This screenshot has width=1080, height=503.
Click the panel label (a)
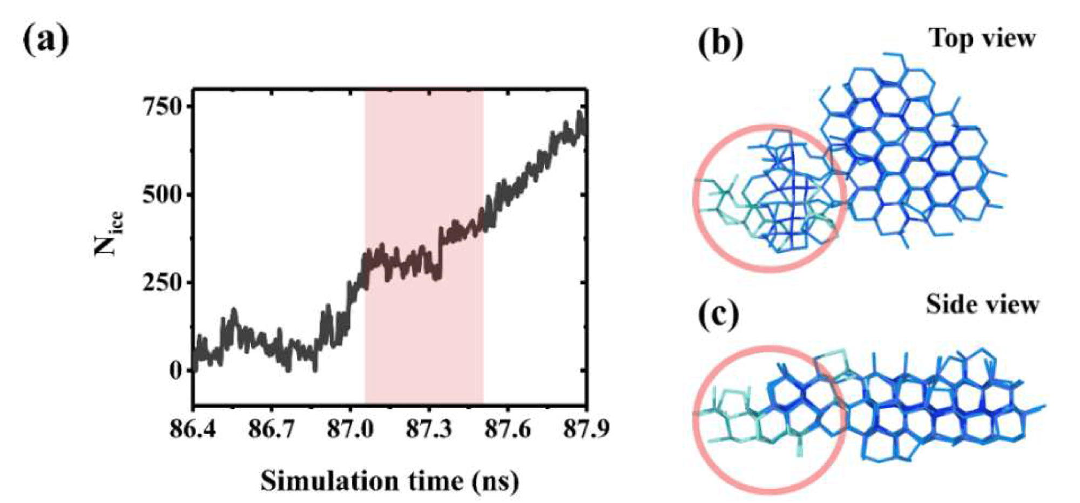pyautogui.click(x=46, y=39)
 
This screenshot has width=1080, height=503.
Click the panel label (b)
pyautogui.click(x=720, y=42)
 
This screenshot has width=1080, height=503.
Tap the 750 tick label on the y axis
pyautogui.click(x=164, y=106)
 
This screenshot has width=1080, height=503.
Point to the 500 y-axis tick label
pyautogui.click(x=164, y=195)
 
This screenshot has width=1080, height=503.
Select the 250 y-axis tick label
pyautogui.click(x=164, y=283)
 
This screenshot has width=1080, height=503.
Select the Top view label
pyautogui.click(x=982, y=38)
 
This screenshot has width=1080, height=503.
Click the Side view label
pyautogui.click(x=982, y=305)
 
